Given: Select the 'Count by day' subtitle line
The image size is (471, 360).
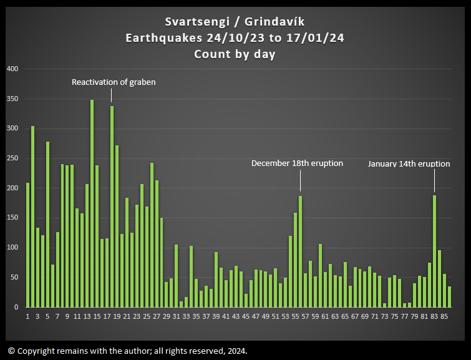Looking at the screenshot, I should pyautogui.click(x=235, y=54).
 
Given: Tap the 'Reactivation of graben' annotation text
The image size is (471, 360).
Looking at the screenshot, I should pyautogui.click(x=114, y=82).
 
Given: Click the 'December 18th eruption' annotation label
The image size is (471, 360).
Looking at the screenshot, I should pyautogui.click(x=297, y=163).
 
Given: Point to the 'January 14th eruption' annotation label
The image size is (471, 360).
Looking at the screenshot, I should pyautogui.click(x=409, y=163).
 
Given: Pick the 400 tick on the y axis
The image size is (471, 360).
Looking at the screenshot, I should pyautogui.click(x=12, y=69).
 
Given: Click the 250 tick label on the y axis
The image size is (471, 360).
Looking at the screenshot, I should pyautogui.click(x=12, y=158).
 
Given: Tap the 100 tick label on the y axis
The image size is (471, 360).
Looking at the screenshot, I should pyautogui.click(x=12, y=248).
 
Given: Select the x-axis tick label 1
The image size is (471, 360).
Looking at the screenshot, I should pyautogui.click(x=27, y=316).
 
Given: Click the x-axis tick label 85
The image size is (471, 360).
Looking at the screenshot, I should pyautogui.click(x=444, y=316).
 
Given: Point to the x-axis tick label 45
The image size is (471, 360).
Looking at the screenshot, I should pyautogui.click(x=246, y=316).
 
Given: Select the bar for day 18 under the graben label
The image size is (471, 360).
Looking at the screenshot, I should pyautogui.click(x=112, y=207).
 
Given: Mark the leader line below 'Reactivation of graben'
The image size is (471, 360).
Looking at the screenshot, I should pyautogui.click(x=112, y=95).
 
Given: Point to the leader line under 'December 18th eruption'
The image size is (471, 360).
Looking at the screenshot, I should pyautogui.click(x=300, y=180).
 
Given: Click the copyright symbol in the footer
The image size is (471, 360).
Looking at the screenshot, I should pyautogui.click(x=11, y=351).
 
